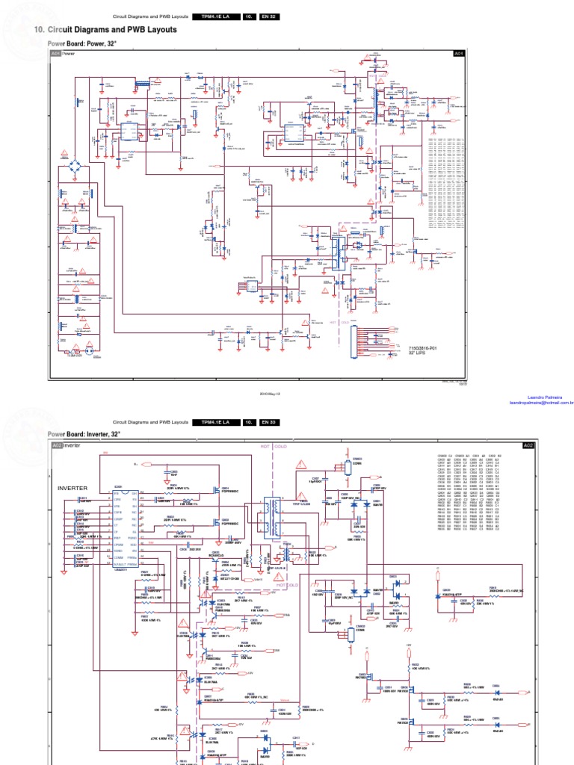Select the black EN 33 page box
tap(268, 422)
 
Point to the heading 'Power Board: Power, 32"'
tap(82, 44)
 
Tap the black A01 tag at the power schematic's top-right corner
tap(459, 54)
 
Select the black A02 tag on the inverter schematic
tap(528, 445)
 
